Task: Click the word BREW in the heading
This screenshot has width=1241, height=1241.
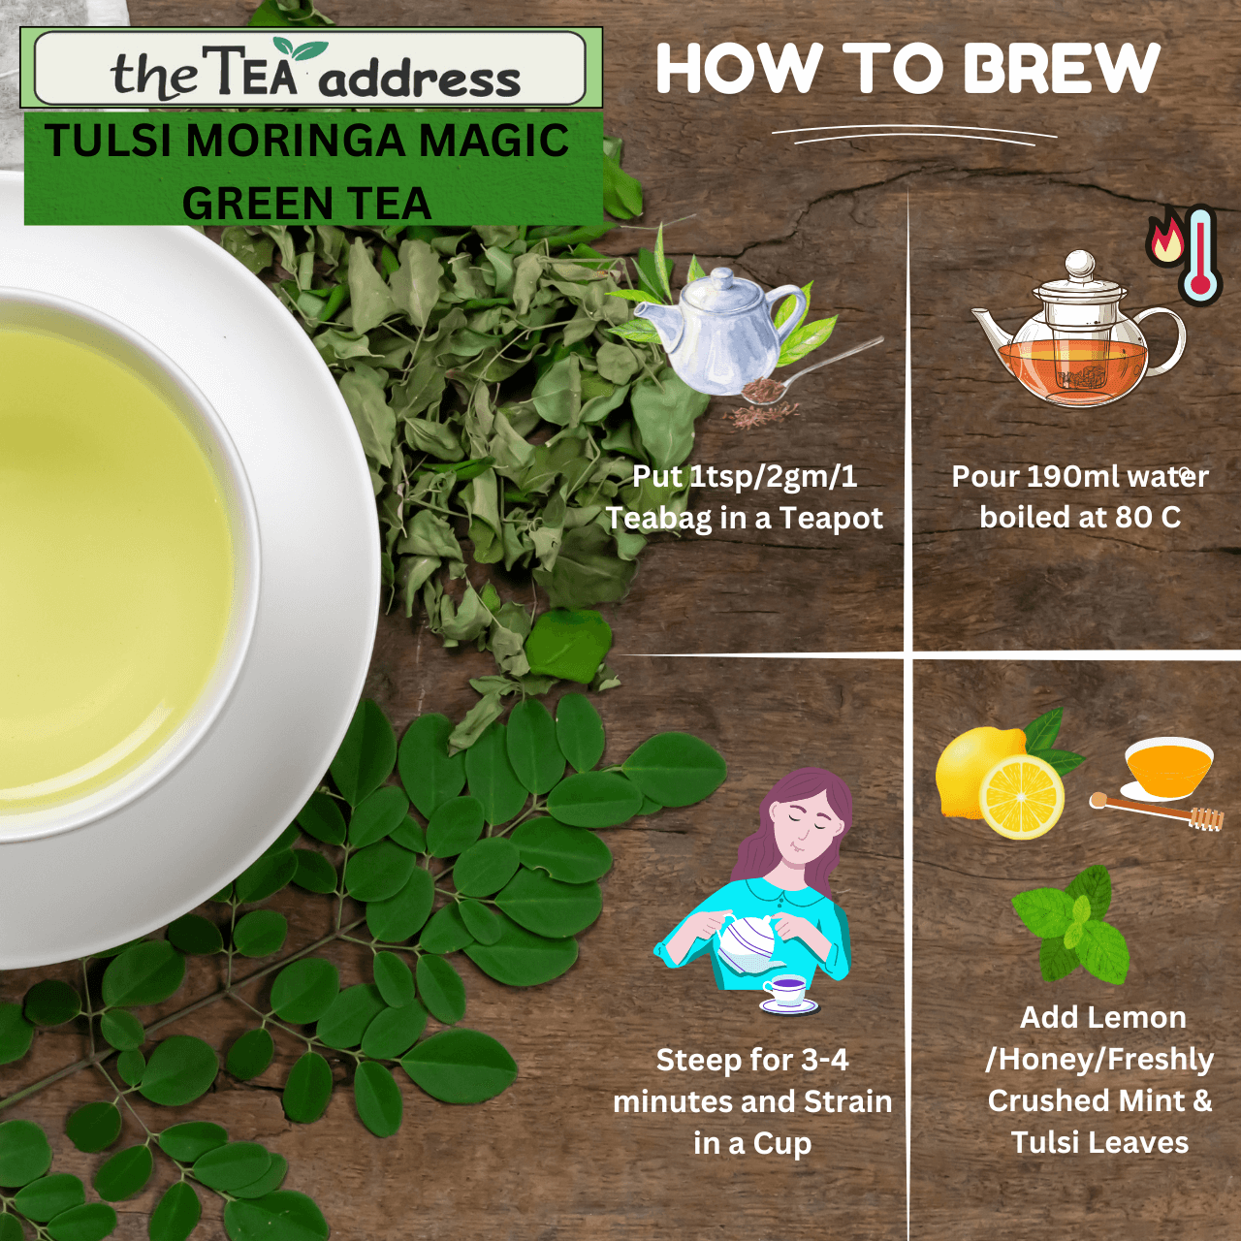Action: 1062,69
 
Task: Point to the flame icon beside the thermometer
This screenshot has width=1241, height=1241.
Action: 1165,239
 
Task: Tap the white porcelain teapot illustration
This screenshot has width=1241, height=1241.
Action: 722,330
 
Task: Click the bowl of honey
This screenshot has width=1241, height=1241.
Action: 1168,766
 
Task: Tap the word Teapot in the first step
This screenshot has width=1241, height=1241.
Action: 831,519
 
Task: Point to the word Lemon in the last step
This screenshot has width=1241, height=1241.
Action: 1144,1017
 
